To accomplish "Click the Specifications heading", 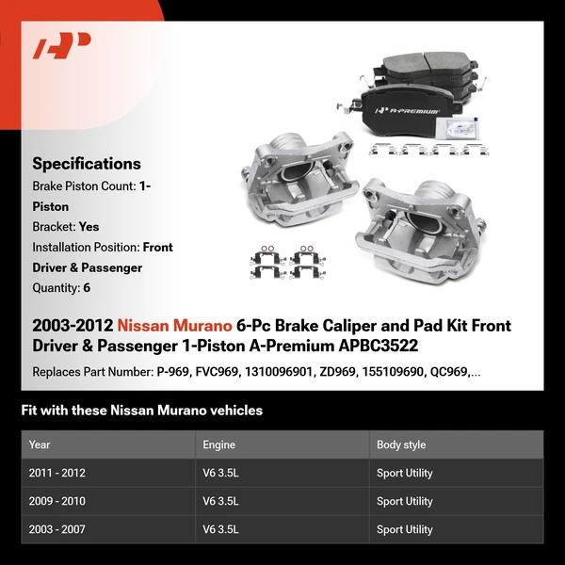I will [87, 164].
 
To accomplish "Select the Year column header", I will [40, 444].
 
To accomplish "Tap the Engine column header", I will [218, 444].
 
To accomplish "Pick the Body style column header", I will [401, 444].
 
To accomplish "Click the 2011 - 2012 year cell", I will [56, 473].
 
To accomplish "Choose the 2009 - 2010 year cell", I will [56, 501].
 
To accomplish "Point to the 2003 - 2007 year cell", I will [56, 529].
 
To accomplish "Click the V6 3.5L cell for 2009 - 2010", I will [221, 501].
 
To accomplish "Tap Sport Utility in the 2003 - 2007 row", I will [405, 529].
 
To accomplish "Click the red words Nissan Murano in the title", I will [174, 326].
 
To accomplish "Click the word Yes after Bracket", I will [89, 227].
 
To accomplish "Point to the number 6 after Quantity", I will [87, 288].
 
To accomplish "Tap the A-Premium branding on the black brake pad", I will [412, 111].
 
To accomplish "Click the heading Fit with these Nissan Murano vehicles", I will [141, 411].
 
